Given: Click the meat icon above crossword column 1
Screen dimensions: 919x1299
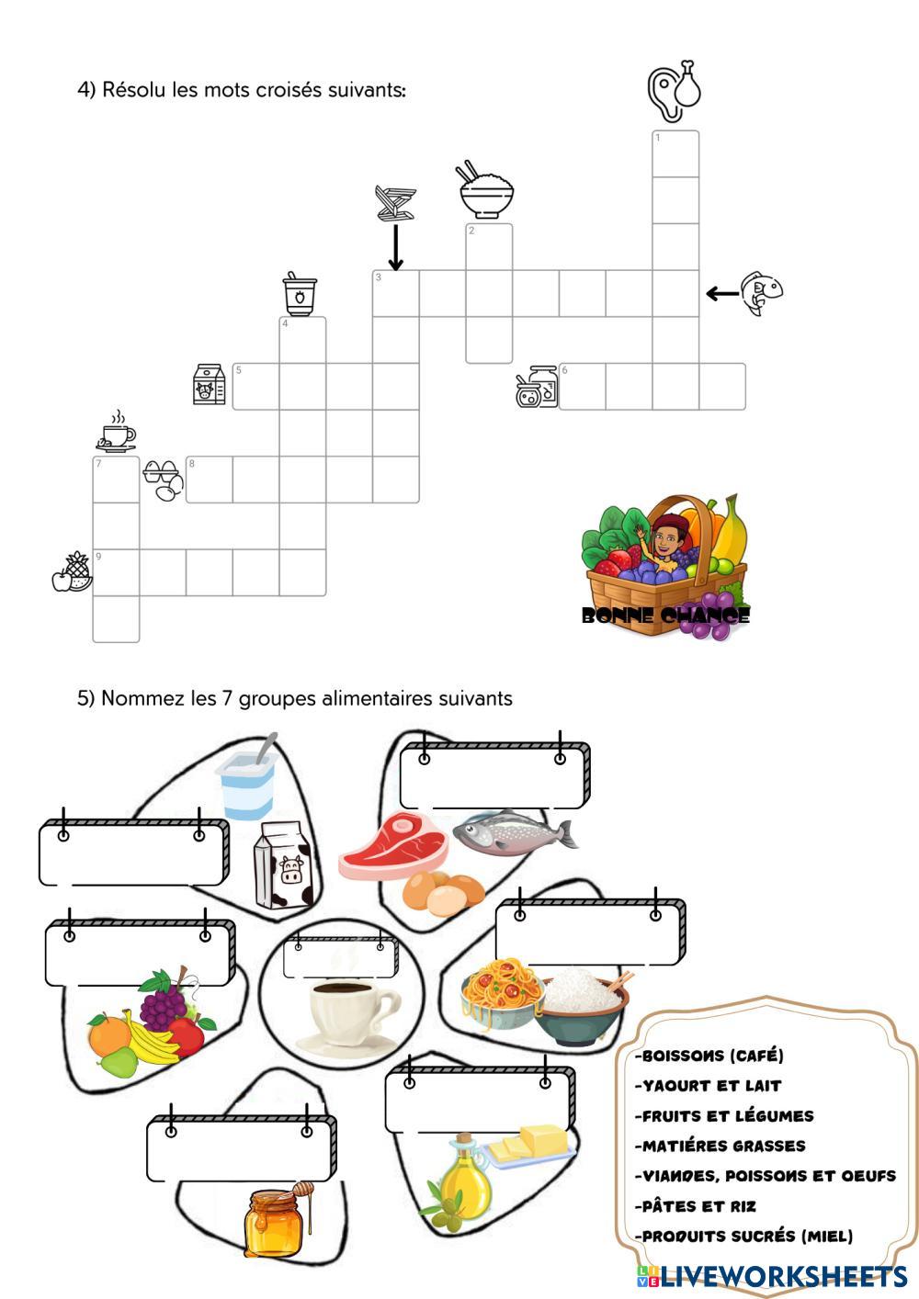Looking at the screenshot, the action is pos(675,90).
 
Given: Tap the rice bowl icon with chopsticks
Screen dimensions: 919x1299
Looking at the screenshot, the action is pos(486,192).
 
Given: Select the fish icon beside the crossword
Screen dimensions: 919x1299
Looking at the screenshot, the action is pos(762,293).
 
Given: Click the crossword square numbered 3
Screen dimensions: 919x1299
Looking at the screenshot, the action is pos(396,293).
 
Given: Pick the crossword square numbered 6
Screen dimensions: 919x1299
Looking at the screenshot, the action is pos(583,386).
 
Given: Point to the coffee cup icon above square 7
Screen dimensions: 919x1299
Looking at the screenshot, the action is pos(117,432).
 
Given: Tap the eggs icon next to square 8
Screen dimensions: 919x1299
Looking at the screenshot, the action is pos(163,480).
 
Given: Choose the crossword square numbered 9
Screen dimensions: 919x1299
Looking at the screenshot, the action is pos(116,572).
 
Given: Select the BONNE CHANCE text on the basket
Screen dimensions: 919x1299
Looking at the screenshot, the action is pos(665,615).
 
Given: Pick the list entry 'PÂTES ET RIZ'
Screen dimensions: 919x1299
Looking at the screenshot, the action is pos(699,1206).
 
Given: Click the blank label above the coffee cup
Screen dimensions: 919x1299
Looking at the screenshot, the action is pos(339,958).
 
